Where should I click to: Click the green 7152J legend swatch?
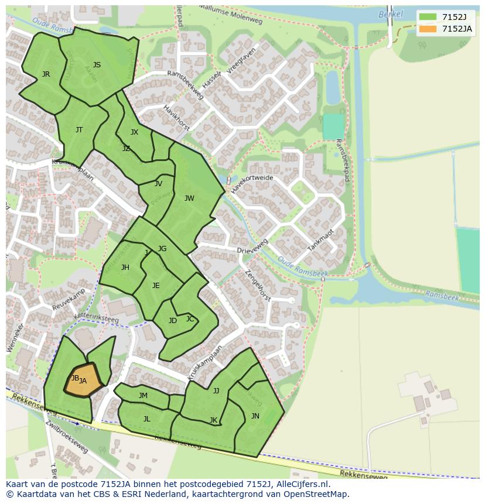tap(428, 17)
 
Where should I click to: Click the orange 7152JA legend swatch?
tap(428, 29)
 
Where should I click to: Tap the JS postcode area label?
tap(97, 65)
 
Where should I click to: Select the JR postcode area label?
tap(46, 74)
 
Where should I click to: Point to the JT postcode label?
tap(79, 130)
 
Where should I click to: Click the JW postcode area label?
tap(189, 198)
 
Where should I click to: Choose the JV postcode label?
tap(158, 184)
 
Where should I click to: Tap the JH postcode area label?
tap(125, 268)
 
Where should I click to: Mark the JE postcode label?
tap(156, 286)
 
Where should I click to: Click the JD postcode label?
tap(173, 321)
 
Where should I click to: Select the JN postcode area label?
tap(255, 416)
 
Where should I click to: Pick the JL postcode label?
tap(147, 419)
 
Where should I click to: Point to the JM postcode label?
tap(143, 396)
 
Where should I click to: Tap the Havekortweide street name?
tap(252, 183)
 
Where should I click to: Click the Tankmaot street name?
tap(320, 240)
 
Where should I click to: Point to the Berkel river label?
tap(391, 14)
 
